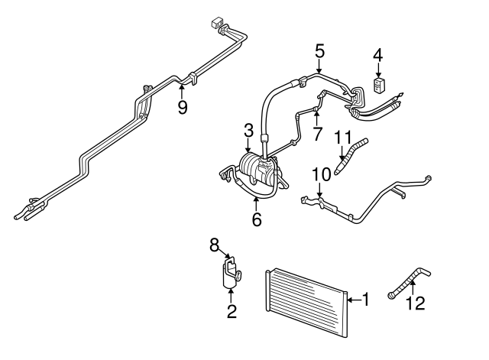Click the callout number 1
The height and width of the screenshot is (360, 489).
[x=364, y=300]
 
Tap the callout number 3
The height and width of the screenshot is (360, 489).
[x=248, y=131]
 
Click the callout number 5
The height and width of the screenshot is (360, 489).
[x=319, y=51]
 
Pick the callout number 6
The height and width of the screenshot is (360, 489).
[x=257, y=219]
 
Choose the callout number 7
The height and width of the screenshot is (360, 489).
[x=316, y=134]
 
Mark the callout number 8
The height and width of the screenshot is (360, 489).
[x=215, y=245]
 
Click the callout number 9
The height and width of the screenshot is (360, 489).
[x=182, y=107]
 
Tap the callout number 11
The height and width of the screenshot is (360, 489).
[x=343, y=139]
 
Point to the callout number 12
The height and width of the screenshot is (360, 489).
[x=413, y=303]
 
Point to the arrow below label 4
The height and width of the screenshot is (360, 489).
[x=377, y=70]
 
